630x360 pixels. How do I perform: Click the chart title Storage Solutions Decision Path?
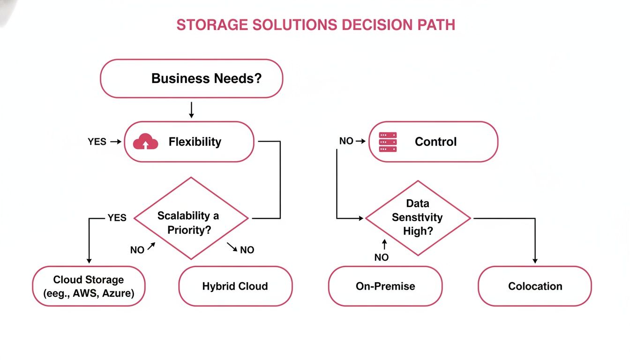tap(315, 25)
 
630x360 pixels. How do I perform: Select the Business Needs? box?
tap(192, 78)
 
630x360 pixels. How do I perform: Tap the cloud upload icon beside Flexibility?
tap(145, 142)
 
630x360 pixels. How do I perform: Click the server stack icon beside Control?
tap(388, 142)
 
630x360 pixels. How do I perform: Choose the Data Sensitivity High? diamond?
tap(418, 218)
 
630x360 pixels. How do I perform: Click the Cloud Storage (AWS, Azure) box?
tap(89, 286)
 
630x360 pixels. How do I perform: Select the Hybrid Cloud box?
tap(235, 286)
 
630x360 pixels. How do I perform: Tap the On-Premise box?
tap(385, 286)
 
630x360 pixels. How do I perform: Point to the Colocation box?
tap(535, 286)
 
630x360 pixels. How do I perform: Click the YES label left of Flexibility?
tap(97, 142)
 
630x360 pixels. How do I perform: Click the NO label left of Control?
tap(346, 141)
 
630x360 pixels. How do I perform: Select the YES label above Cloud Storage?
tap(117, 217)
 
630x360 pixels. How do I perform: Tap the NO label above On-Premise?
tap(382, 257)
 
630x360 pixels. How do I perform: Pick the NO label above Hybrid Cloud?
tap(247, 250)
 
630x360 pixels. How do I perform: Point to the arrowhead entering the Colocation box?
tap(535, 261)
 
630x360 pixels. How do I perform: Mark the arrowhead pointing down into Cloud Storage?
tap(89, 261)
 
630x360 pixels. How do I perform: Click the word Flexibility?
tap(195, 142)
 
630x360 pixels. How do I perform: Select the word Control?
tap(435, 142)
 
